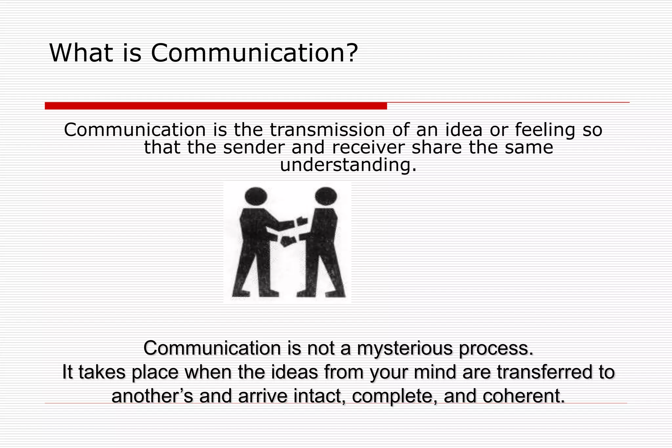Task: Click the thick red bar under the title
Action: coord(216,106)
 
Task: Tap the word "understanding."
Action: coord(348,165)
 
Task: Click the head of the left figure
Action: coord(256,196)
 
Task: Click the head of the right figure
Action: coord(325,196)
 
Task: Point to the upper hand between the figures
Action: coord(302,221)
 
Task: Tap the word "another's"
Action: coord(152,396)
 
